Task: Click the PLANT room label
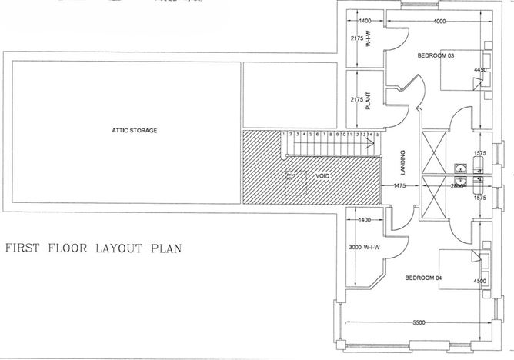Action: coord(369,102)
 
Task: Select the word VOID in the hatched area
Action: coord(322,176)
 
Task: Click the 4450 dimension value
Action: coord(481,70)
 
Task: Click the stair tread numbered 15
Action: coord(377,135)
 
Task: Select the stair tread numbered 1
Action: coord(284,135)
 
